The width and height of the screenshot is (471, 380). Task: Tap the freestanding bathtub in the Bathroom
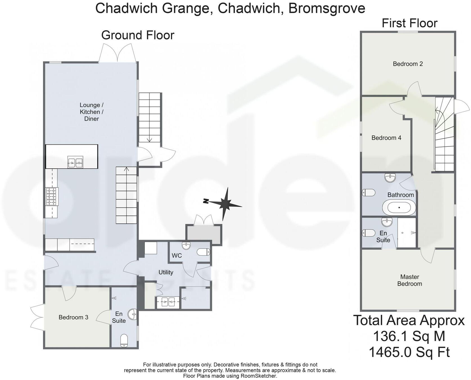coord(399,208)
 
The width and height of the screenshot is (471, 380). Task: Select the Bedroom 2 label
coord(408,64)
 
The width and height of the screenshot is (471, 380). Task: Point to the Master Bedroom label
coord(410,280)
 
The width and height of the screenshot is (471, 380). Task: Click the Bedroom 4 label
coord(386,138)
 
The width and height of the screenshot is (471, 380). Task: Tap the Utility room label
coord(166,272)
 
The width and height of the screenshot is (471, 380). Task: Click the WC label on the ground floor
coord(177,255)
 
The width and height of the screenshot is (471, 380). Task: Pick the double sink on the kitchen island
coord(75,162)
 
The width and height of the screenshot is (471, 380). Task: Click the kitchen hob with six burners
coord(51,196)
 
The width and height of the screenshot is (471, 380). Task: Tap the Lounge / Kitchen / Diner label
coord(92,112)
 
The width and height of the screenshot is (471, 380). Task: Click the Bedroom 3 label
coord(73,317)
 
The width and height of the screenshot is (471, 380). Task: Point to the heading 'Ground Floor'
coord(138,35)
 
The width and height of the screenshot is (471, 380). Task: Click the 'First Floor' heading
coord(409,23)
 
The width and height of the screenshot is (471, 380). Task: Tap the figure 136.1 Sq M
coord(409,336)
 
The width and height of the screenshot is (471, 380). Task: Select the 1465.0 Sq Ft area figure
coord(409,352)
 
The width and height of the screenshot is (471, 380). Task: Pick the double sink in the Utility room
coord(168,302)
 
